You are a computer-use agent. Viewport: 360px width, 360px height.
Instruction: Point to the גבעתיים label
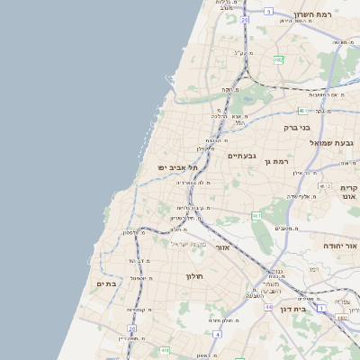tap(241, 156)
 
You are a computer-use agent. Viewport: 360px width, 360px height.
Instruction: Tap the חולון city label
tap(196, 275)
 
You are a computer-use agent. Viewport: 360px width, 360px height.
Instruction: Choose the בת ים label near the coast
tap(106, 283)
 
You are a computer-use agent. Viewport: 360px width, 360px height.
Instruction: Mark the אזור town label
tap(223, 247)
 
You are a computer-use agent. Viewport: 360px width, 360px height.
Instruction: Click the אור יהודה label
tap(341, 245)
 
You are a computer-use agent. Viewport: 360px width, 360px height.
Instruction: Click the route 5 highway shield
tap(268, 12)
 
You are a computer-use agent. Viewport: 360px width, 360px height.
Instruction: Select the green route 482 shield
tap(278, 59)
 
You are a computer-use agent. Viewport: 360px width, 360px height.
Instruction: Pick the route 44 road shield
tap(268, 307)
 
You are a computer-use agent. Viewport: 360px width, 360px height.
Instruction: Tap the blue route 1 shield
tap(321, 309)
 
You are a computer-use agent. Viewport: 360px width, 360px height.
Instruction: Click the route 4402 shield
tap(341, 318)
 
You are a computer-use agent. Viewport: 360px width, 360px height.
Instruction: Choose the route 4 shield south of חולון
tap(217, 335)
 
